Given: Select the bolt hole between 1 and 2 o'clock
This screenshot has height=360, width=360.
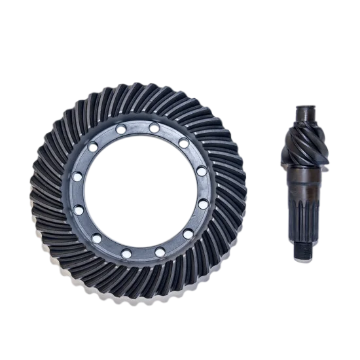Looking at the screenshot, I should pyautogui.click(x=182, y=141).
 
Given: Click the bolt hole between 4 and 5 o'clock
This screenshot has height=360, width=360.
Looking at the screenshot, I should pyautogui.click(x=188, y=232).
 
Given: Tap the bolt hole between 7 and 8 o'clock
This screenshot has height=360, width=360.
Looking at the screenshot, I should pyautogui.click(x=98, y=237).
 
